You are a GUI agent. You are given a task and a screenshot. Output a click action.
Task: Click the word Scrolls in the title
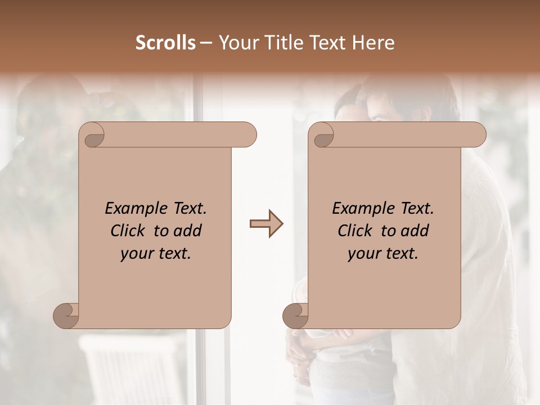165,43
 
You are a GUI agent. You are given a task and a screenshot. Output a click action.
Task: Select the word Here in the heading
373,43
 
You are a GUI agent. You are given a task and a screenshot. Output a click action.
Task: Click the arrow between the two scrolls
267,224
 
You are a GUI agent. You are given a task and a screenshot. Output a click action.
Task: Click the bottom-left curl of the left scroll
66,316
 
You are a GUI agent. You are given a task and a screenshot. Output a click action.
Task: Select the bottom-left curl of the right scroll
295,316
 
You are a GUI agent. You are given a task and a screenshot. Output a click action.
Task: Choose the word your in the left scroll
137,254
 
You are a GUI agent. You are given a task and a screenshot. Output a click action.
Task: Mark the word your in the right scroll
364,254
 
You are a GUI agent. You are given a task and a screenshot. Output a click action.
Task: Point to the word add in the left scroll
187,231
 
